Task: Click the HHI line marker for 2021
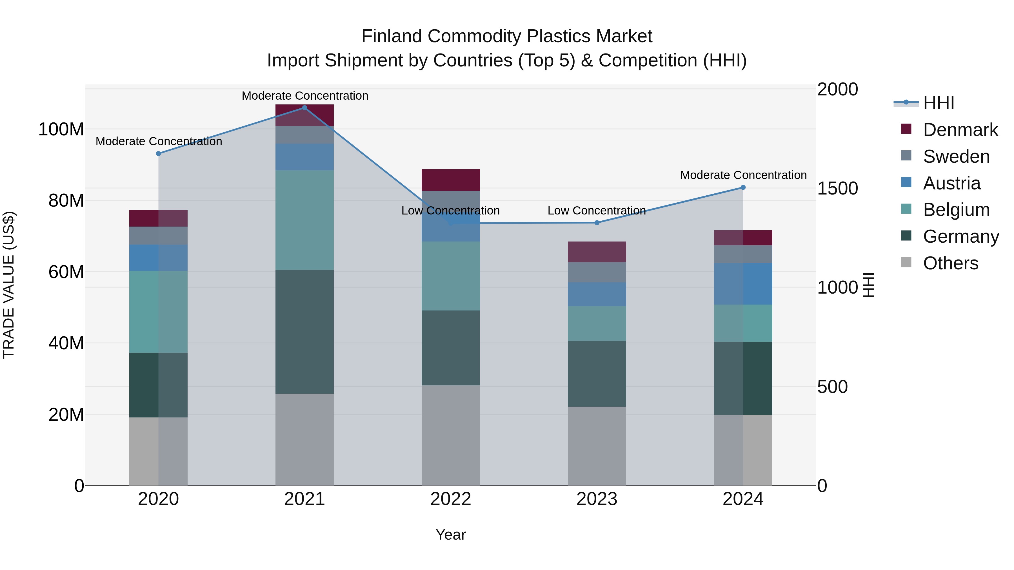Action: [304, 108]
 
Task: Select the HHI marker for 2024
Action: [743, 188]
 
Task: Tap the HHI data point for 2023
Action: [597, 223]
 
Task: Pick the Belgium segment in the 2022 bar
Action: [450, 276]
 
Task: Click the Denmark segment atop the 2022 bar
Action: [450, 180]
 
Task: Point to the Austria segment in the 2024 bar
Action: [743, 284]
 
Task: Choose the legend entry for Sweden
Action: [956, 157]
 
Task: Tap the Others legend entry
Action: [950, 263]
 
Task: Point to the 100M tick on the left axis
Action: [61, 129]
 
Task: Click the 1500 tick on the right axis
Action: [837, 188]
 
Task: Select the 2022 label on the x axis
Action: [450, 499]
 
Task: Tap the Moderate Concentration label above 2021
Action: [305, 96]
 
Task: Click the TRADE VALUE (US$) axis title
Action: [9, 285]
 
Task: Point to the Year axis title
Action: [450, 535]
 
